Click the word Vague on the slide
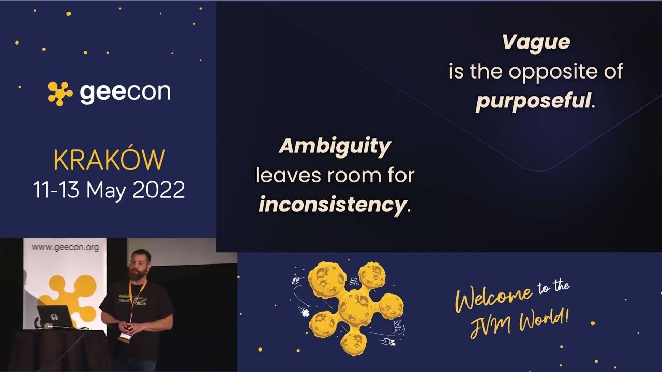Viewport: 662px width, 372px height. click(x=536, y=42)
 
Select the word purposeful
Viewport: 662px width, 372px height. click(x=533, y=100)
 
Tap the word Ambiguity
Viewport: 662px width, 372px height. click(x=335, y=146)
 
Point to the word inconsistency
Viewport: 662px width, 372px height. click(x=332, y=205)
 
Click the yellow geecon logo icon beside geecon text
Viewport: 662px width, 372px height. click(x=60, y=93)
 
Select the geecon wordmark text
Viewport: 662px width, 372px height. click(x=125, y=92)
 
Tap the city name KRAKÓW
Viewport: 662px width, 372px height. click(x=109, y=161)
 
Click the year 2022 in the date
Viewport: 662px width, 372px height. click(x=158, y=190)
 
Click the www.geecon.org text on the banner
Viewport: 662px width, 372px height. click(x=65, y=247)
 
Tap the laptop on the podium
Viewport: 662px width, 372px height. click(x=54, y=316)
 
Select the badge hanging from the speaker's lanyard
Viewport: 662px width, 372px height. click(x=125, y=337)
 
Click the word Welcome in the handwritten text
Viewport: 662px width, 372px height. click(x=493, y=299)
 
